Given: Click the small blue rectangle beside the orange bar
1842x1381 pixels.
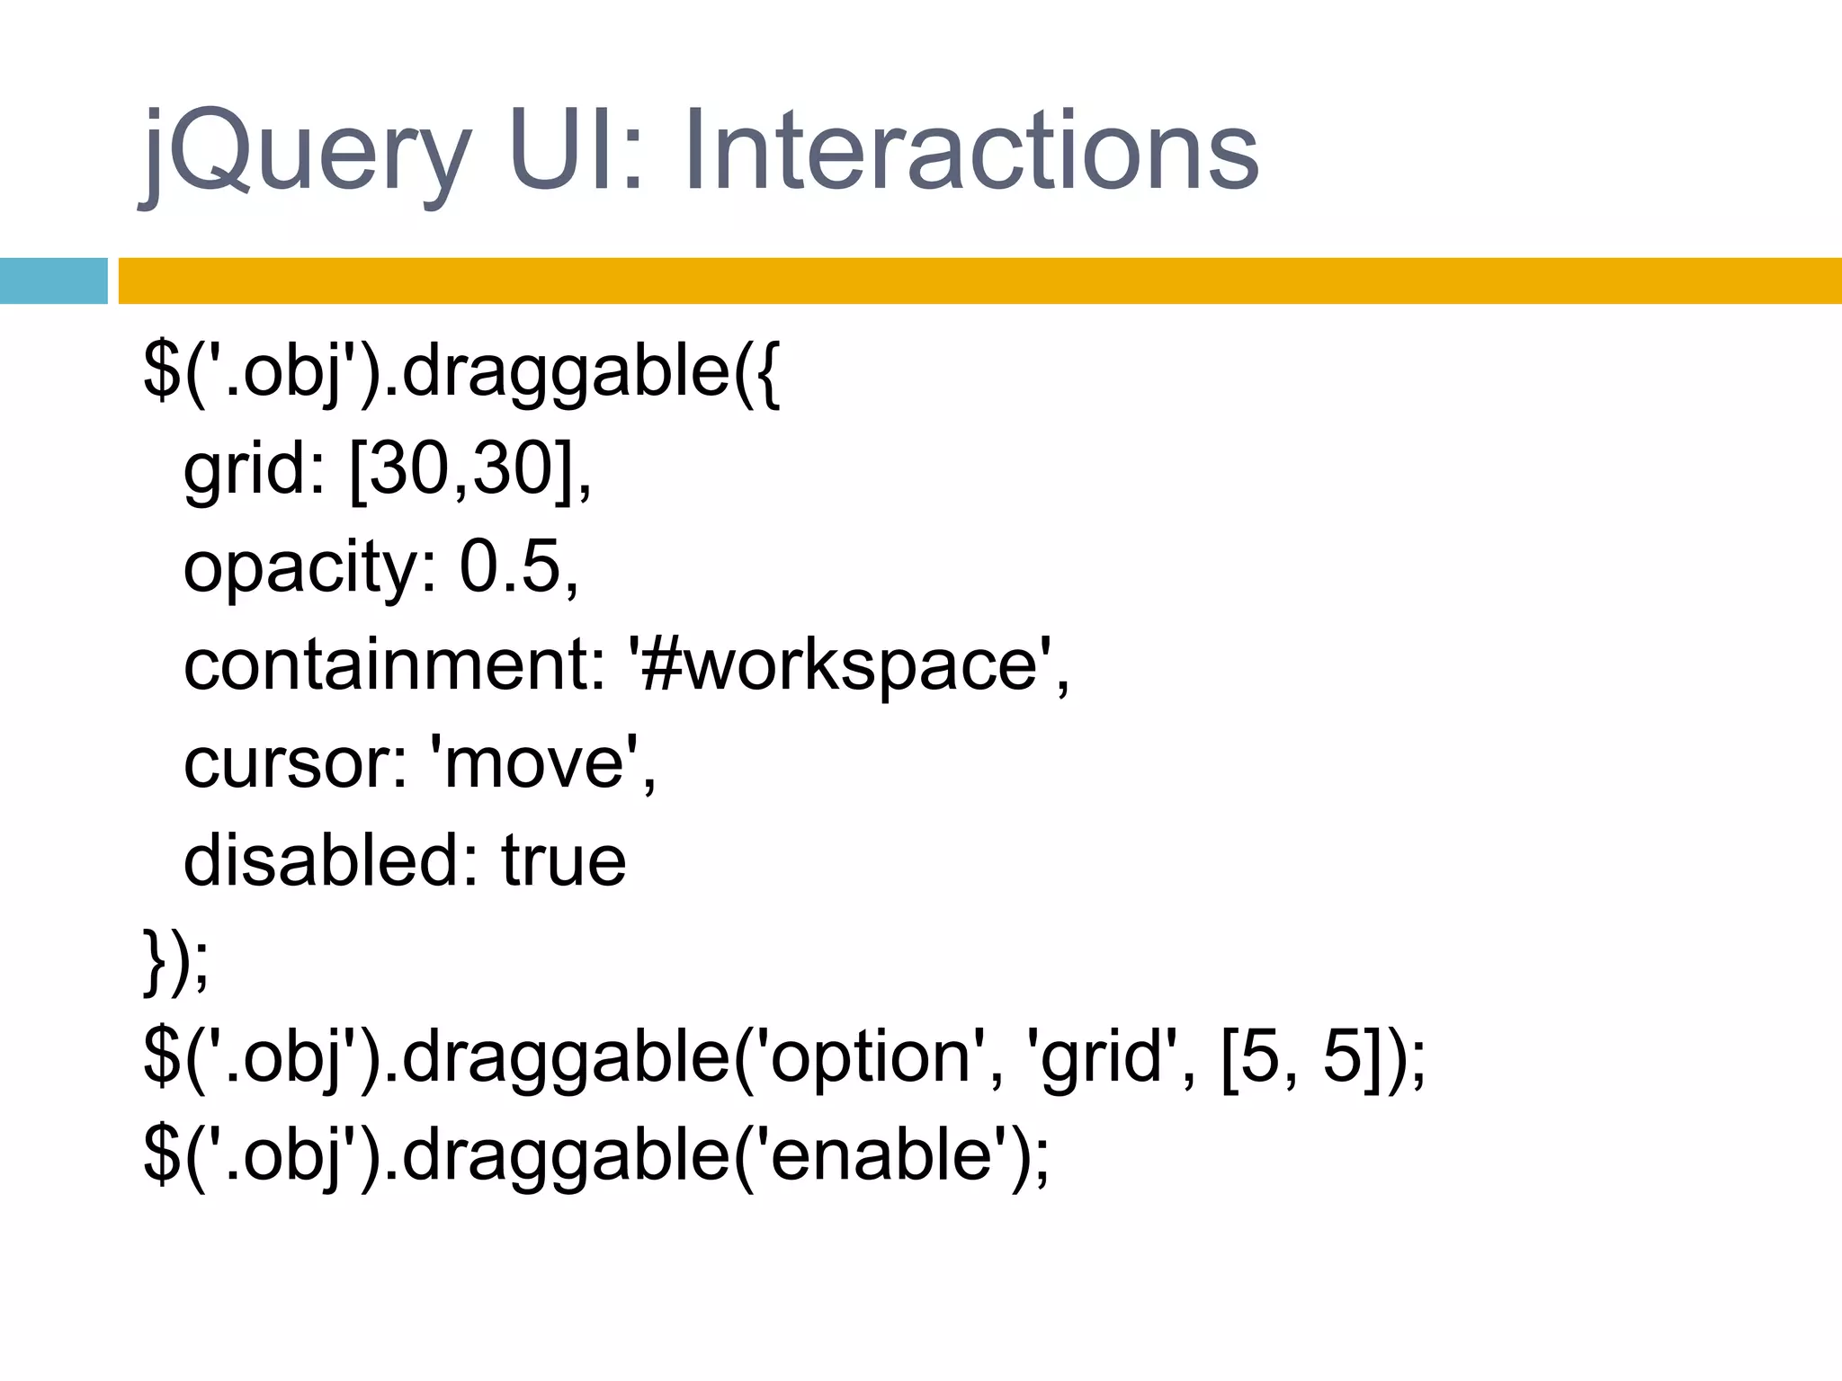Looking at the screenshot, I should coord(53,281).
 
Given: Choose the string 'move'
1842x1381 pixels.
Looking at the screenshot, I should coord(535,763).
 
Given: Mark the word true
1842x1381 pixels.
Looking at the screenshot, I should coord(563,860).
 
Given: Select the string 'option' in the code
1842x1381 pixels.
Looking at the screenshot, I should coord(869,1057).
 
